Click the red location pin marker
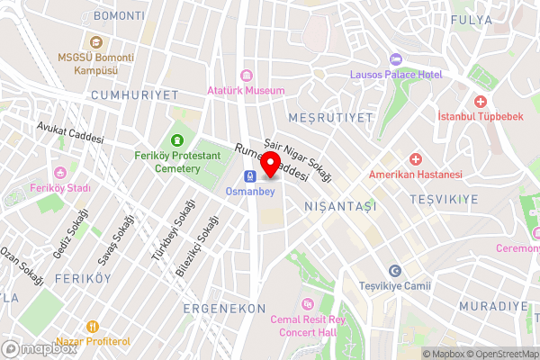(270, 166)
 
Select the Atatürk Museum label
(245, 90)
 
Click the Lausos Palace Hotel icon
(394, 59)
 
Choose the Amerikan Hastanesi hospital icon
(414, 158)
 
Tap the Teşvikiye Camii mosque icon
(394, 271)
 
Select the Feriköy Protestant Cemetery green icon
(177, 140)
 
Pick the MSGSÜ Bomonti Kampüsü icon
(95, 41)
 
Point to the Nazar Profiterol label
(94, 341)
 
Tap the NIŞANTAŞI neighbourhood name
(342, 206)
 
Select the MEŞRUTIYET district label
(330, 118)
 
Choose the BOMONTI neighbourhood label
(119, 16)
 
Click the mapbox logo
(40, 348)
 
